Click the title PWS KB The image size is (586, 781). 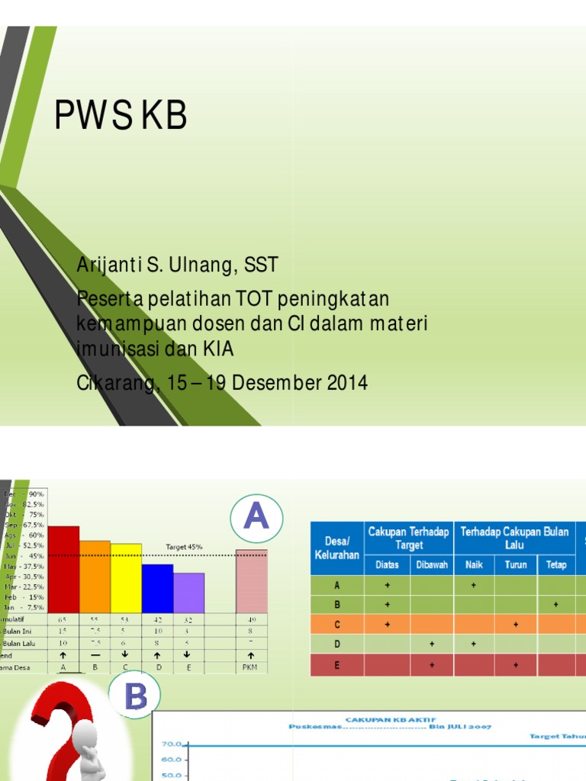click(121, 116)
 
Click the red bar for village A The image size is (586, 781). click(63, 568)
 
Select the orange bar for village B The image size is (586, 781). click(95, 576)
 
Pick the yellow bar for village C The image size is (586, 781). click(126, 577)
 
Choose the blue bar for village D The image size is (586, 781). click(157, 587)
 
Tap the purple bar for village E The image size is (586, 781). click(188, 592)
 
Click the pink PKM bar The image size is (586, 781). click(251, 580)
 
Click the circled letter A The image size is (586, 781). click(256, 519)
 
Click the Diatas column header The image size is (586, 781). click(387, 565)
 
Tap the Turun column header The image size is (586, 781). click(516, 565)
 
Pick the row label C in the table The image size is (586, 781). click(336, 624)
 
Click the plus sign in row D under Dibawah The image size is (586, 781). click(432, 644)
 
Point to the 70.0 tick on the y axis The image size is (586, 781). click(171, 744)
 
